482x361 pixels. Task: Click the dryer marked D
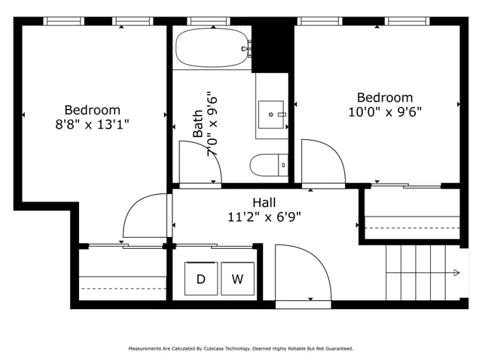(201, 278)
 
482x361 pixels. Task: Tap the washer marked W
(238, 278)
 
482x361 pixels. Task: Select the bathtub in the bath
(212, 47)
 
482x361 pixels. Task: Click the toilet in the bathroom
(269, 165)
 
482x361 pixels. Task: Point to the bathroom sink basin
(271, 114)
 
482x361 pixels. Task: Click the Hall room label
(264, 202)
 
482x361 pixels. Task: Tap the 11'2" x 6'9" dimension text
(264, 217)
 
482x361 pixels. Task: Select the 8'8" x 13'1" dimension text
(92, 125)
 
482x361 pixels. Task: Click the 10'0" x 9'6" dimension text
(385, 112)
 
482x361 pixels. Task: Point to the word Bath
(198, 123)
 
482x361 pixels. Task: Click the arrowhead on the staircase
(457, 272)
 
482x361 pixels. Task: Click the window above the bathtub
(209, 21)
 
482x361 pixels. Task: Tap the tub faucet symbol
(246, 48)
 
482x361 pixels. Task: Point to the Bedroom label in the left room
(92, 111)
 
